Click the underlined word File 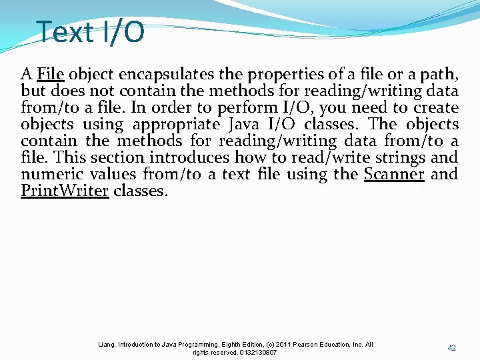[x=51, y=74]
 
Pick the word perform [x=240, y=107]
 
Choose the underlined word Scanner [x=394, y=174]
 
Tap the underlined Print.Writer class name [x=65, y=191]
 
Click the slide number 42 [x=452, y=348]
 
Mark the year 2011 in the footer [x=282, y=345]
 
